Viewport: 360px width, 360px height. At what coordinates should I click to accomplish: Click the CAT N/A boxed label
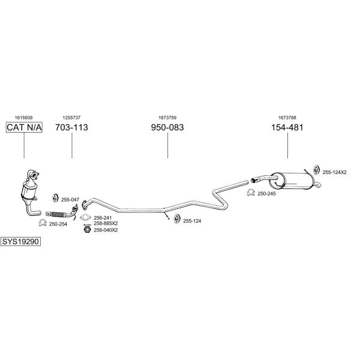pyautogui.click(x=24, y=128)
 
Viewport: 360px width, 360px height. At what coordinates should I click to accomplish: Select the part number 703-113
pyautogui.click(x=71, y=128)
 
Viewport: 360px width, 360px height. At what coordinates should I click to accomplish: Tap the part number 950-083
pyautogui.click(x=167, y=128)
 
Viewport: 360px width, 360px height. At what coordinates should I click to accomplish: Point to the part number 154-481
pyautogui.click(x=287, y=128)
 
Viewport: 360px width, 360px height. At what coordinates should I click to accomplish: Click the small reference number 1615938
pyautogui.click(x=24, y=118)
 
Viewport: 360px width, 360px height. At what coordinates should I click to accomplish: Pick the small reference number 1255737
pyautogui.click(x=71, y=118)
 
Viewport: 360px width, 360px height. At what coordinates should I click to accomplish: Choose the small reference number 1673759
pyautogui.click(x=167, y=118)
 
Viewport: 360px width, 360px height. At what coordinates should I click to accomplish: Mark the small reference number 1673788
pyautogui.click(x=287, y=118)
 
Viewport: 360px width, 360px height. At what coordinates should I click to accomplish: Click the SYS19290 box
pyautogui.click(x=20, y=241)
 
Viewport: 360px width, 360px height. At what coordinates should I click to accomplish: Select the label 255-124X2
pyautogui.click(x=335, y=172)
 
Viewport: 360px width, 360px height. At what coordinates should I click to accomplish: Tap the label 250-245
pyautogui.click(x=266, y=193)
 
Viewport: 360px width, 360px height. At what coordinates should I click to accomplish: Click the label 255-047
pyautogui.click(x=70, y=199)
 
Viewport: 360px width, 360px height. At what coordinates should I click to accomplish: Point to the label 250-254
pyautogui.click(x=58, y=224)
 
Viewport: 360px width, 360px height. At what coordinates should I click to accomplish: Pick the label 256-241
pyautogui.click(x=103, y=218)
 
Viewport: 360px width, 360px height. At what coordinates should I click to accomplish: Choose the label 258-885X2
pyautogui.click(x=106, y=223)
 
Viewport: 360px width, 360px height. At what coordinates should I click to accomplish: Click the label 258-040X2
pyautogui.click(x=106, y=230)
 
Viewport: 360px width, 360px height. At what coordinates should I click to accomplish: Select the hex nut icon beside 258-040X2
pyautogui.click(x=86, y=230)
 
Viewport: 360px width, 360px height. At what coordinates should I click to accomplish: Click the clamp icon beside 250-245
pyautogui.click(x=251, y=193)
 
